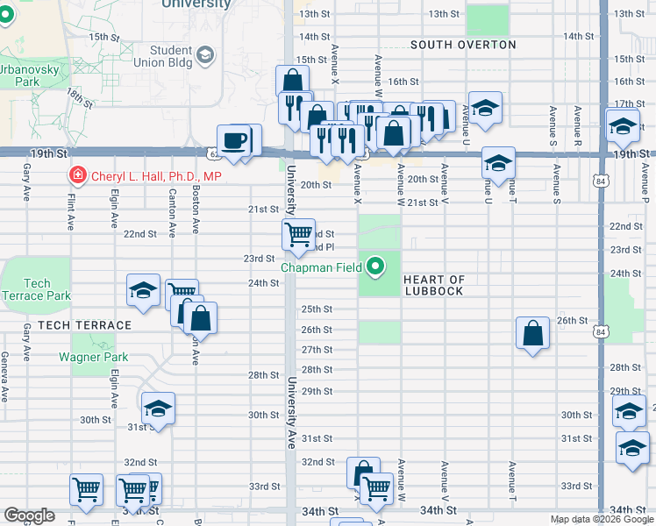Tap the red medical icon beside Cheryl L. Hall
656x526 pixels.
(x=77, y=176)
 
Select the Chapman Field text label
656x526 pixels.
(x=321, y=266)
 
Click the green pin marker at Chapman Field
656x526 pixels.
(x=376, y=266)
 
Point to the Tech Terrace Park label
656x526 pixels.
(x=37, y=289)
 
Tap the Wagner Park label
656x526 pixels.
(x=94, y=357)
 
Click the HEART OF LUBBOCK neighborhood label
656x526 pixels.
(x=433, y=285)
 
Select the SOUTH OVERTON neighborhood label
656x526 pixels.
(x=454, y=44)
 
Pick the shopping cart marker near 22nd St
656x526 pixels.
(x=298, y=233)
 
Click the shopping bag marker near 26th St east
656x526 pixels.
(x=533, y=332)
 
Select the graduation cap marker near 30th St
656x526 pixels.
(x=158, y=408)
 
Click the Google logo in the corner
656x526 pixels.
(x=30, y=515)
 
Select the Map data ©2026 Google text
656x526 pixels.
(x=600, y=519)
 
